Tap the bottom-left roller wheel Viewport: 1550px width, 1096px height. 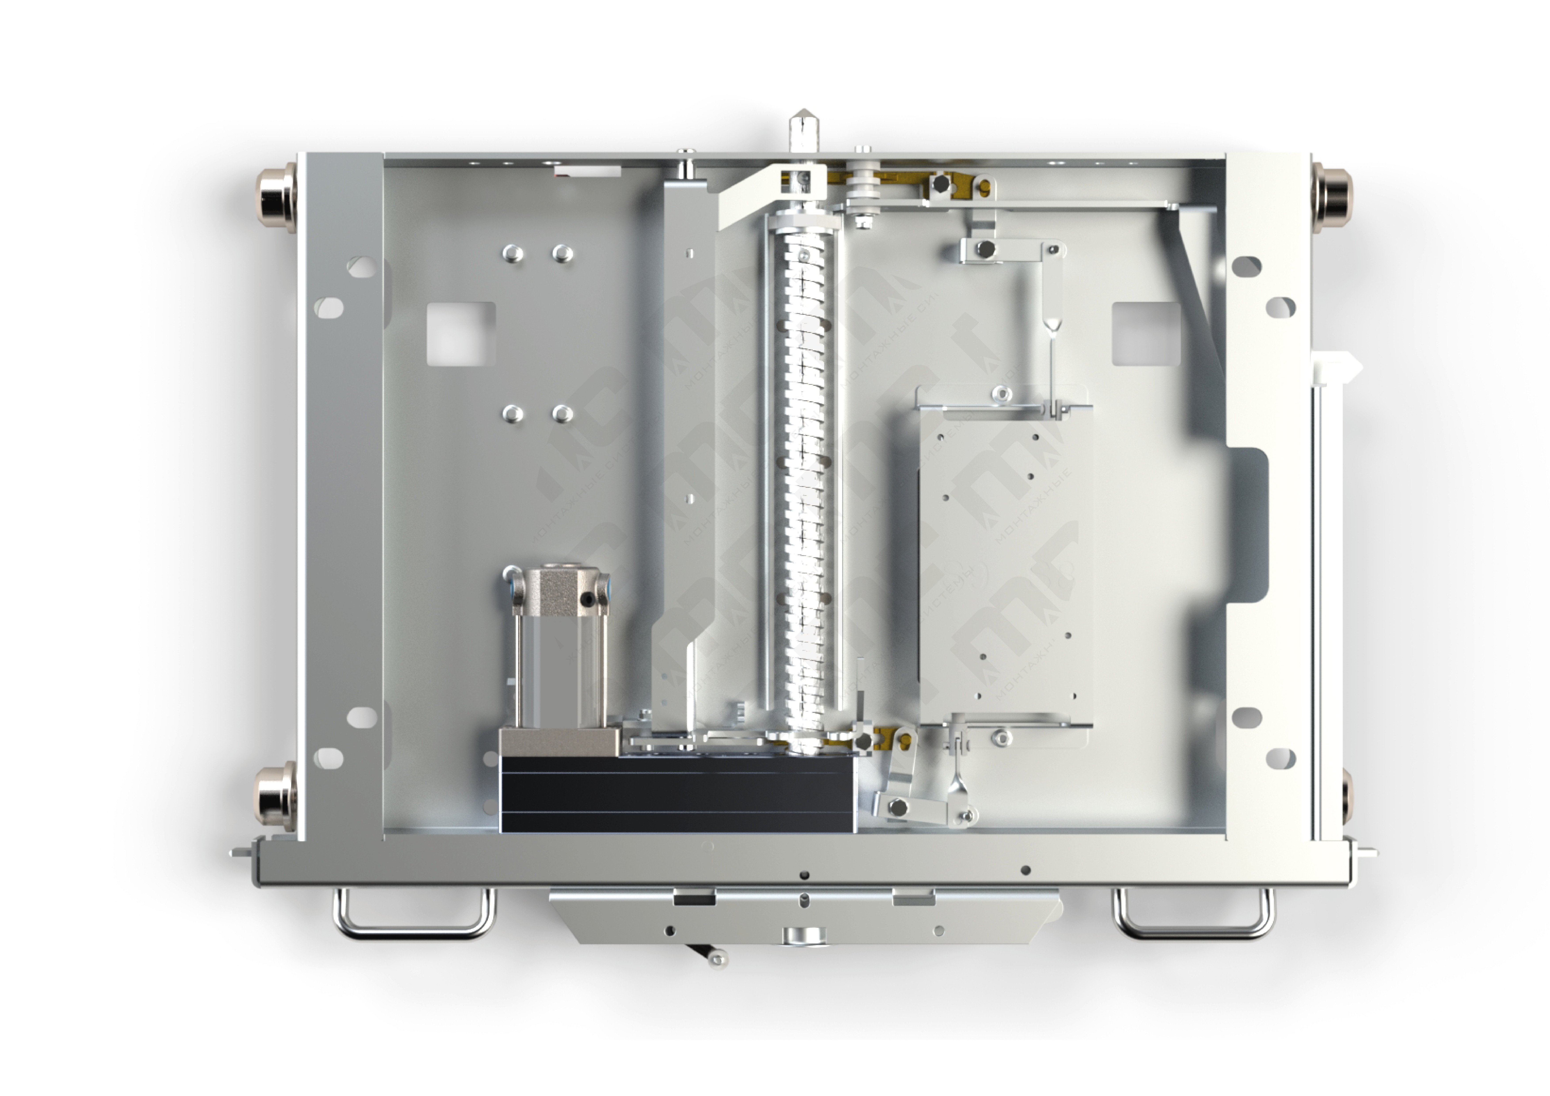point(275,797)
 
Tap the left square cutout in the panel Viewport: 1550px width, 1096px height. point(461,334)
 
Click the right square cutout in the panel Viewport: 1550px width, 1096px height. point(1146,334)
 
